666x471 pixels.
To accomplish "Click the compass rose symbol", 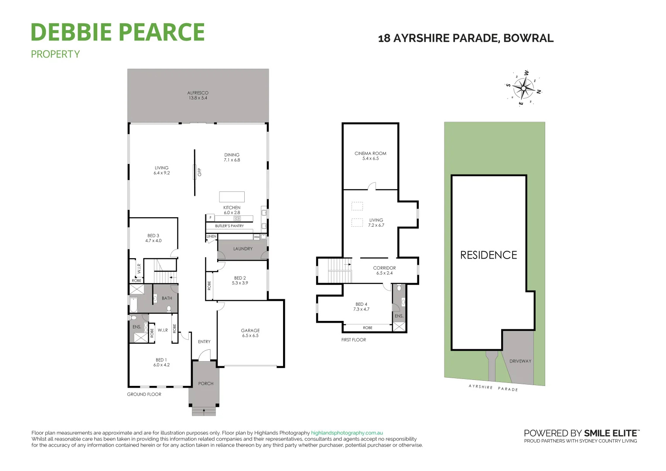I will click(x=523, y=89).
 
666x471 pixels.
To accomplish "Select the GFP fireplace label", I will click(x=199, y=172).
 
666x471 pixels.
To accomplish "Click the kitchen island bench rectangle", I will click(x=232, y=196).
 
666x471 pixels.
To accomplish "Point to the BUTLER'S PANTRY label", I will click(x=229, y=226).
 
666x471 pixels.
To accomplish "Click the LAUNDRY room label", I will click(x=243, y=249).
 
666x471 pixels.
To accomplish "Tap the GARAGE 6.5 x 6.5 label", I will click(x=250, y=333).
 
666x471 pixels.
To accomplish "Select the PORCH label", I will click(x=206, y=384).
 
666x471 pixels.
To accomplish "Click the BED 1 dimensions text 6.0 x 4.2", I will click(x=161, y=365).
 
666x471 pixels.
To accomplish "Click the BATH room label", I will click(x=167, y=298).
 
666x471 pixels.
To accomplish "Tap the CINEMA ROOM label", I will click(x=370, y=154).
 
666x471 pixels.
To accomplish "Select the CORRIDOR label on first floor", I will click(x=384, y=268).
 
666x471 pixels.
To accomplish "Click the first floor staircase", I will click(x=339, y=270).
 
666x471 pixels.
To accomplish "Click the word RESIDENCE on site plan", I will click(x=488, y=255).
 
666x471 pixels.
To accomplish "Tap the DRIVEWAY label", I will click(x=520, y=361).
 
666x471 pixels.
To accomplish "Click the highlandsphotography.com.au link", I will click(x=347, y=433).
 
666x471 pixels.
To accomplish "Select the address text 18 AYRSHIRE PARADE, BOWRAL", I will click(x=465, y=38).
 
